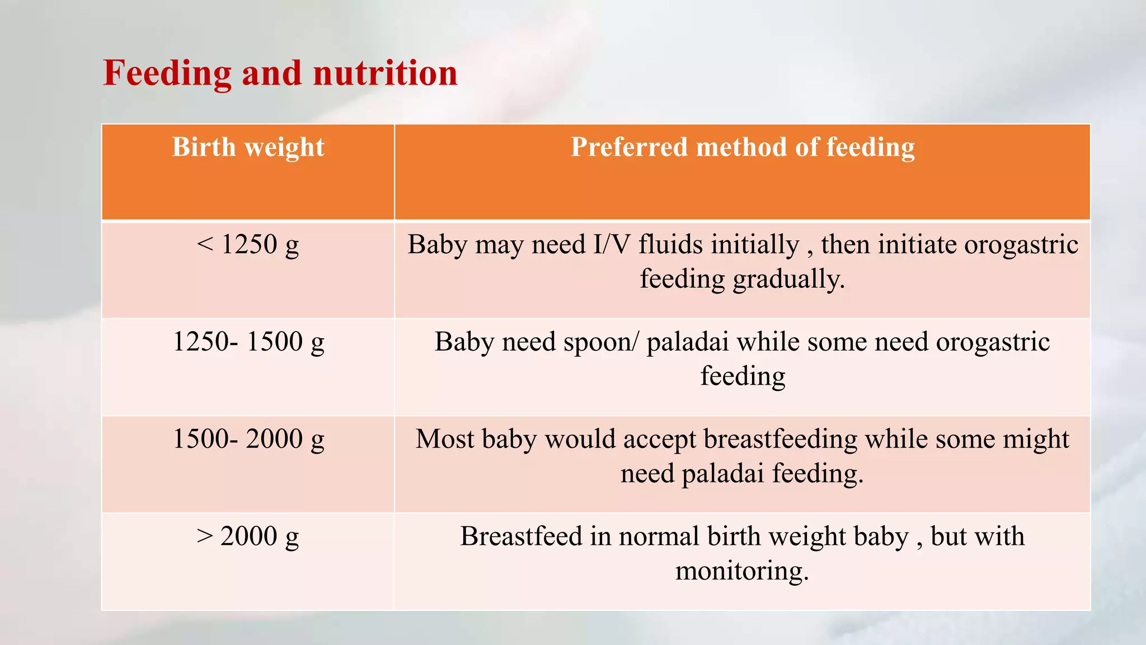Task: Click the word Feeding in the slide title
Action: (x=167, y=73)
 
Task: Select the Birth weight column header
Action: (x=248, y=148)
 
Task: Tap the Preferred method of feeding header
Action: (x=742, y=148)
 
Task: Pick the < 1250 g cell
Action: (x=248, y=245)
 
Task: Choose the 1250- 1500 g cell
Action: (x=248, y=342)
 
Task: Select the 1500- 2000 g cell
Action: (x=248, y=439)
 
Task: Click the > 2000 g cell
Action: (x=248, y=536)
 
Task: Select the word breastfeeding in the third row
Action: (x=780, y=439)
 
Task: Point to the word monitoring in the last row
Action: (x=742, y=571)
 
